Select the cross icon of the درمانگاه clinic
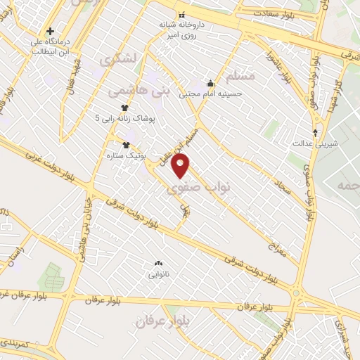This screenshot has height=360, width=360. [x=50, y=32]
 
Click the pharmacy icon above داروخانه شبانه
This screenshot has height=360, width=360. [x=182, y=15]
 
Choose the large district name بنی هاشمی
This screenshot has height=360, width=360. [x=139, y=91]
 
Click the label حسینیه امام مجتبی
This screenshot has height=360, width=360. [x=210, y=93]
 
